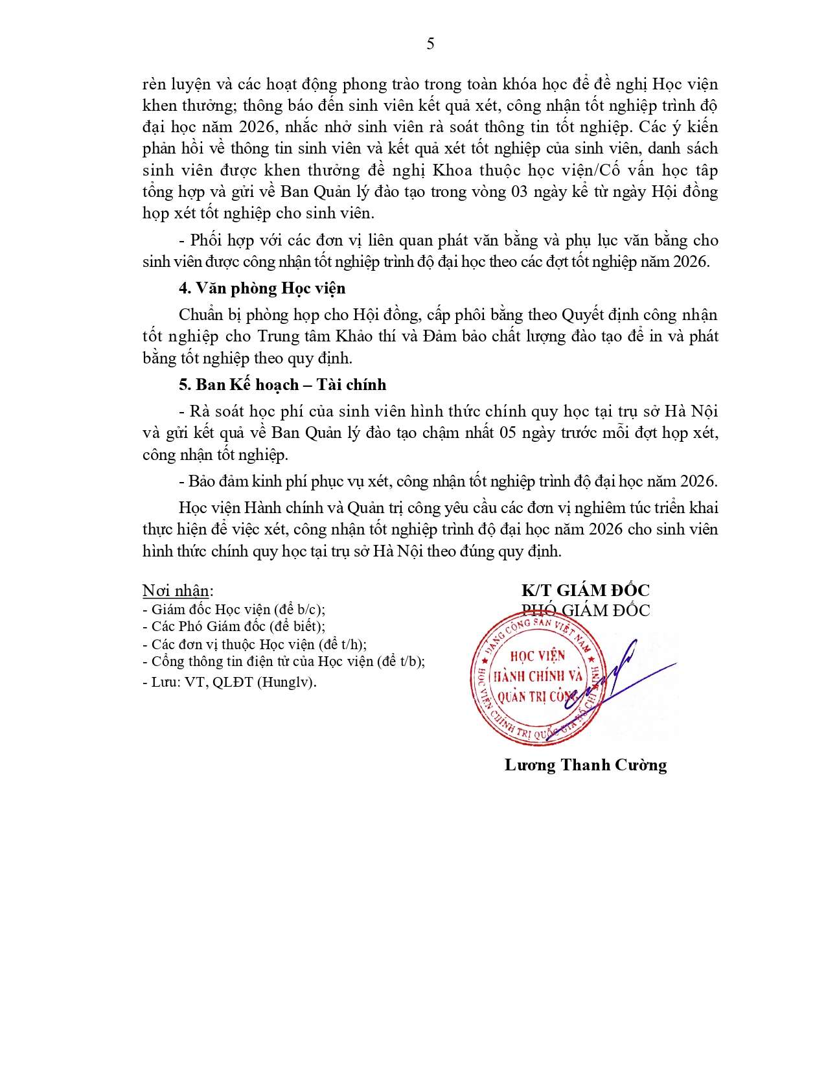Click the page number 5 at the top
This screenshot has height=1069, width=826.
tap(430, 44)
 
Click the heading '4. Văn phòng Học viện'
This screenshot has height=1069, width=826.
tap(262, 288)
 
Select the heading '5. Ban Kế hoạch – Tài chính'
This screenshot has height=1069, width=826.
tap(282, 385)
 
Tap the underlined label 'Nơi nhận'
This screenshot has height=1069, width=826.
tap(176, 591)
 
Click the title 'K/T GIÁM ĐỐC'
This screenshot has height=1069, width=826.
tap(585, 590)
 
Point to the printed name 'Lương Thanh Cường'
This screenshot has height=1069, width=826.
tap(586, 765)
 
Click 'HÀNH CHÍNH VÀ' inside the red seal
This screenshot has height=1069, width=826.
tap(538, 676)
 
